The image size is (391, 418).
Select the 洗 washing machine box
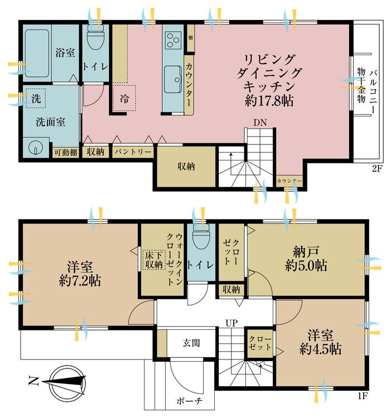tap(36, 99)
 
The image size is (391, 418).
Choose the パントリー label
tap(132, 152)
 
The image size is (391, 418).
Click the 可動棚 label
tap(65, 152)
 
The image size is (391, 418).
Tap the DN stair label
tap(259, 122)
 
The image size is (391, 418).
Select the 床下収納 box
tap(152, 259)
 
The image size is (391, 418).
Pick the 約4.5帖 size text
tap(321, 350)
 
